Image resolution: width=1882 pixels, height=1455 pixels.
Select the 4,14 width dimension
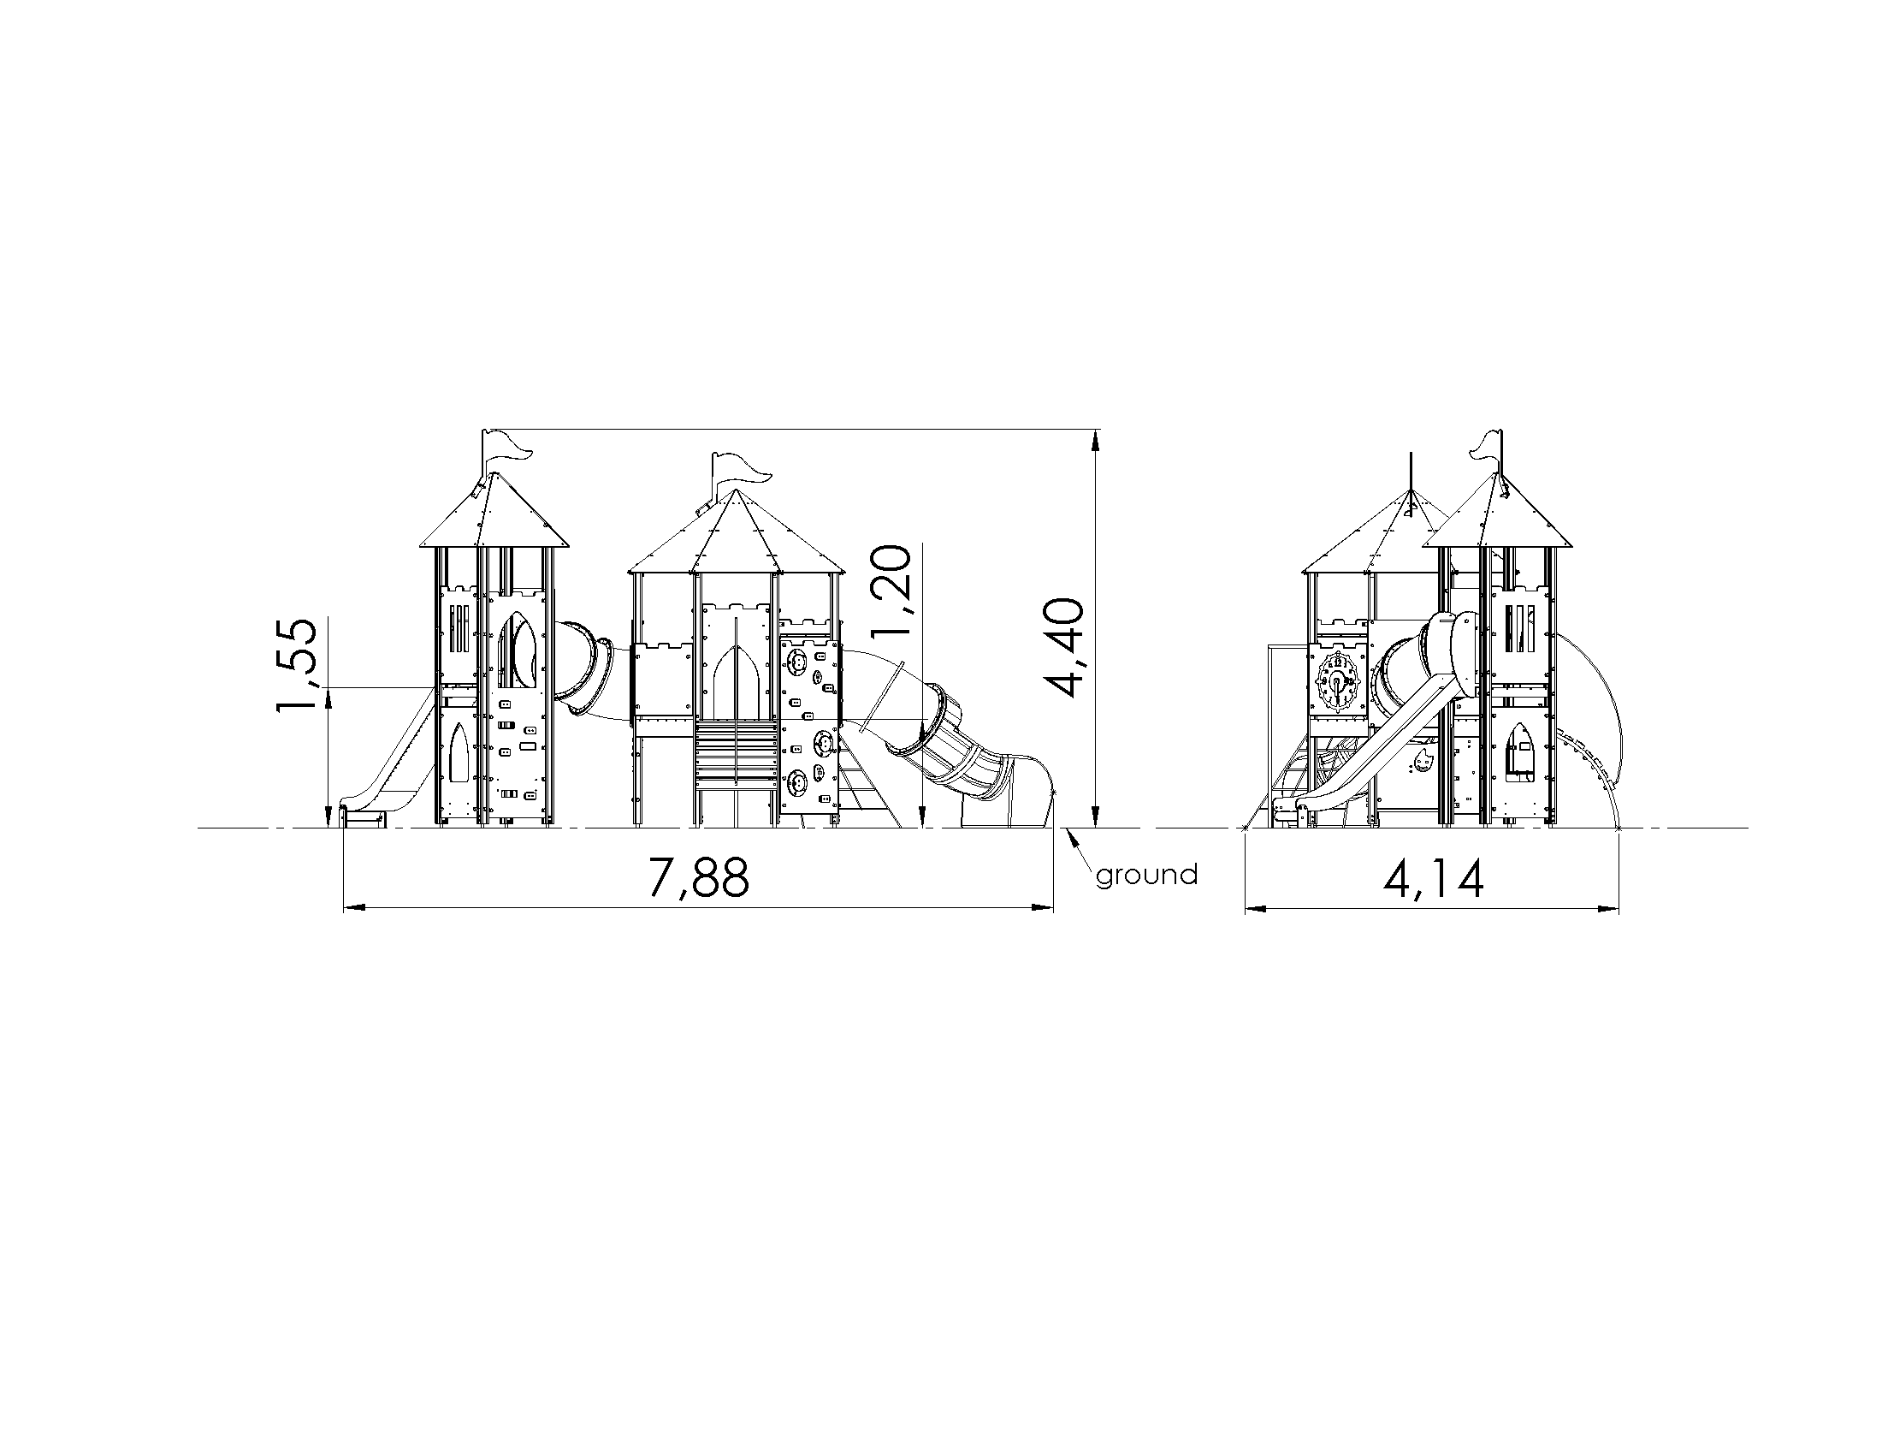[x=1433, y=878]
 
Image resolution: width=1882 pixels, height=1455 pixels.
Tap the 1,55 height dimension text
[x=296, y=665]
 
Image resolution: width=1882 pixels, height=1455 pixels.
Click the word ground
[x=1146, y=876]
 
